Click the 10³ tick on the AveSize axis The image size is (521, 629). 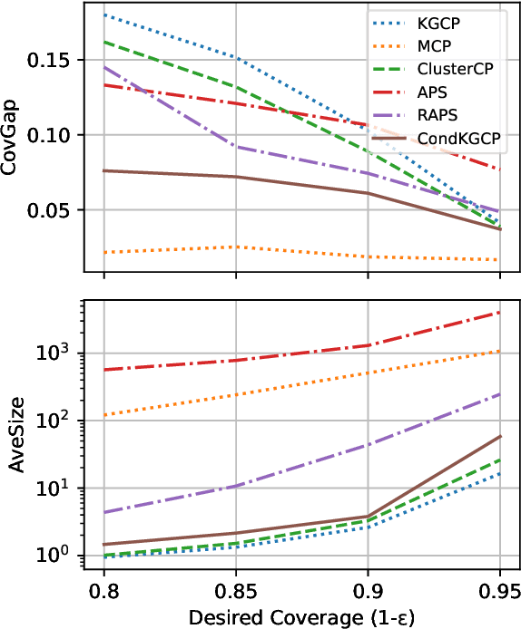(60, 353)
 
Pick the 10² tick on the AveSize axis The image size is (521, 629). (60, 421)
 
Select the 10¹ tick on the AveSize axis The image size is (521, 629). (60, 488)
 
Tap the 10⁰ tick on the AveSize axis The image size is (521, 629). (60, 555)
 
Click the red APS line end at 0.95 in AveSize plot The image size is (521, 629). (499, 313)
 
